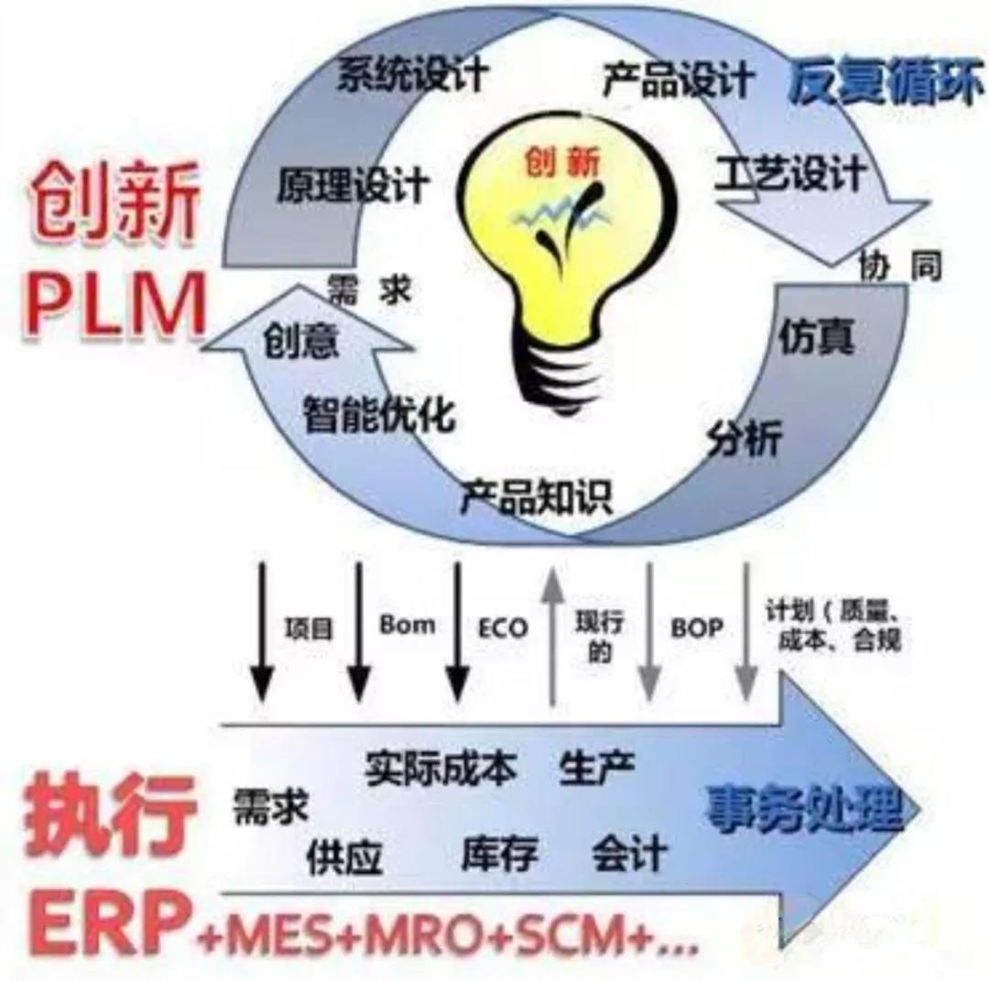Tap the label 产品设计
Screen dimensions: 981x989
tap(678, 82)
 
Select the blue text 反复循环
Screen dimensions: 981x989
tap(885, 86)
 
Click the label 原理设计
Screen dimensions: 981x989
tap(353, 183)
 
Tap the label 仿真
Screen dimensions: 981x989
tap(817, 337)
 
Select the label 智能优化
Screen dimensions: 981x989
tap(378, 415)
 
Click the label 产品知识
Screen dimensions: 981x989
tap(537, 496)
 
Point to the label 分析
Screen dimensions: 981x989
tap(744, 441)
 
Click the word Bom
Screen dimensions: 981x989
tap(407, 626)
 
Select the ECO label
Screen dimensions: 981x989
tap(503, 628)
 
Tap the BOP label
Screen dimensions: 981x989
tap(696, 628)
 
